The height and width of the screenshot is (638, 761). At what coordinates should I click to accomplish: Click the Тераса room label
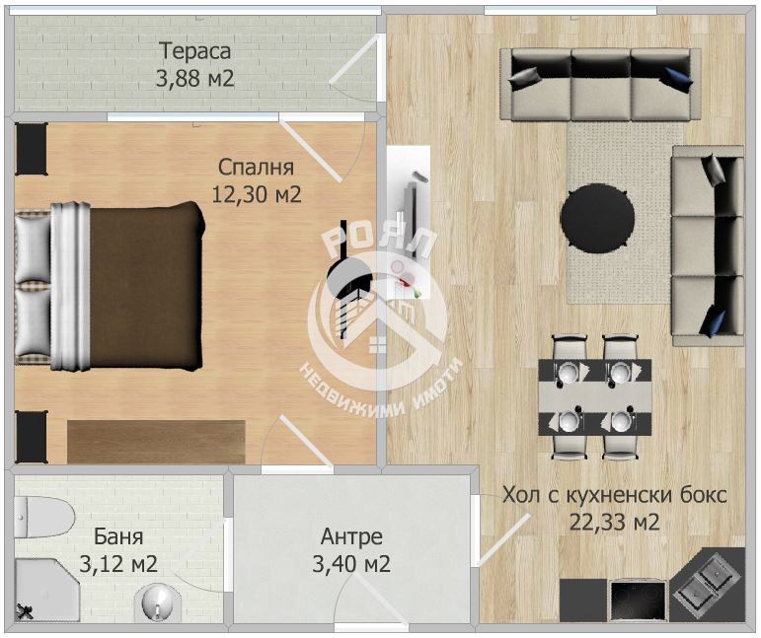pyautogui.click(x=194, y=52)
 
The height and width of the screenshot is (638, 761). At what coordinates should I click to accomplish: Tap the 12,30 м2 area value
pyautogui.click(x=257, y=194)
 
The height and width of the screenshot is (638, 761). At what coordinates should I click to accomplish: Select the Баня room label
pyautogui.click(x=117, y=536)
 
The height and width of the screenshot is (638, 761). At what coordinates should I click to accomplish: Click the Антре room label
pyautogui.click(x=351, y=536)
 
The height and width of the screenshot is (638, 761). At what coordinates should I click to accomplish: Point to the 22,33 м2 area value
pyautogui.click(x=615, y=522)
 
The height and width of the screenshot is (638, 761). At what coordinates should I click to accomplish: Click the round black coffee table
pyautogui.click(x=597, y=218)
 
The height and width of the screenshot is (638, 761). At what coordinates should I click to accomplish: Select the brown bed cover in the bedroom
pyautogui.click(x=145, y=287)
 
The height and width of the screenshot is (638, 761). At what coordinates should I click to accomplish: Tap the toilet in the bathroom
pyautogui.click(x=43, y=517)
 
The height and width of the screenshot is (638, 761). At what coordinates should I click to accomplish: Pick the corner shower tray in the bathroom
pyautogui.click(x=46, y=590)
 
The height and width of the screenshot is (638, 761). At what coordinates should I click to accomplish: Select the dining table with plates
pyautogui.click(x=595, y=397)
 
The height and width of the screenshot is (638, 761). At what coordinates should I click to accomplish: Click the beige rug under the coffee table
pyautogui.click(x=625, y=213)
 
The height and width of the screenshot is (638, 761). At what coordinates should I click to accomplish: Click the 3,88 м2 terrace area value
pyautogui.click(x=194, y=78)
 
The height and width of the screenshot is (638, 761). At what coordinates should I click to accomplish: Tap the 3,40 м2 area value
pyautogui.click(x=351, y=564)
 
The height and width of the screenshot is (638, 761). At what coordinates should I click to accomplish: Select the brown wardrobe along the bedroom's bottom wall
pyautogui.click(x=156, y=442)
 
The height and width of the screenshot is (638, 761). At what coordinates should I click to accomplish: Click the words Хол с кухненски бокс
pyautogui.click(x=615, y=495)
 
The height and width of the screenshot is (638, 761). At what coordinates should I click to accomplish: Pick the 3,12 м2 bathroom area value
pyautogui.click(x=117, y=564)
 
